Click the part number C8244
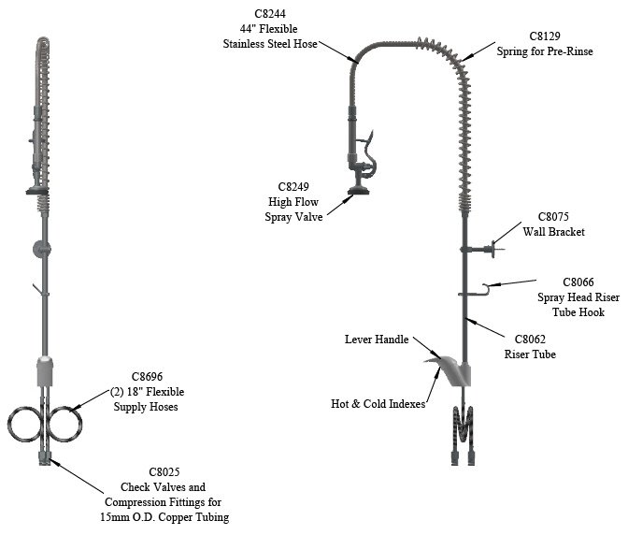tap(271, 13)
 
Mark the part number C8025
tap(174, 472)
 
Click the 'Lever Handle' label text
tap(377, 340)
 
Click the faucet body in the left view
tap(44, 372)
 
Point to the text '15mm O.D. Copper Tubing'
tap(174, 517)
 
